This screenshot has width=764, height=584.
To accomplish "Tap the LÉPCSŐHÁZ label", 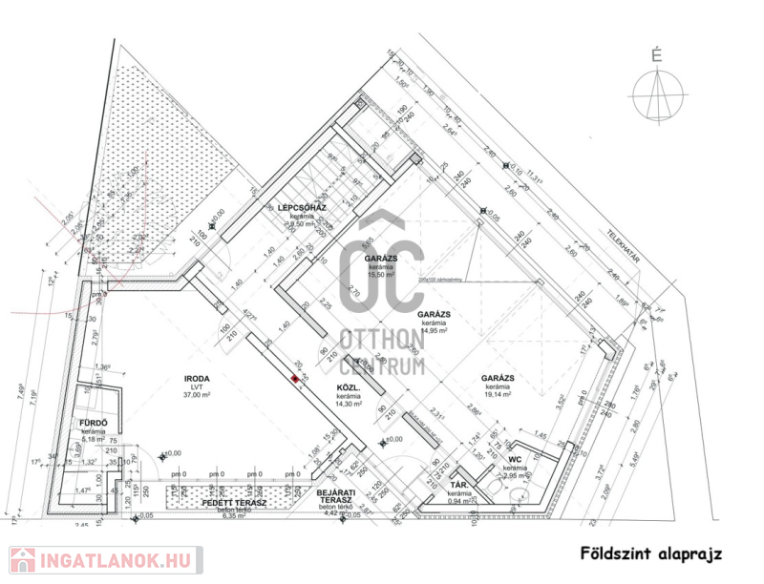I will pos(297,207).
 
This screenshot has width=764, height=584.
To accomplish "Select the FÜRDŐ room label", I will pos(93,423).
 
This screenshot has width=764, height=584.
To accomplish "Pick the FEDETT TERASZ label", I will pos(233,502).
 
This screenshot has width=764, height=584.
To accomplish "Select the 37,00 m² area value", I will pos(196,394).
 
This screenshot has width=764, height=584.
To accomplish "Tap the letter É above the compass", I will pos(656,55).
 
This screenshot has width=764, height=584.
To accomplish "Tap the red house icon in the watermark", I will pos(23,560).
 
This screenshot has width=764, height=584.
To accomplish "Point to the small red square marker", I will pos(294,378).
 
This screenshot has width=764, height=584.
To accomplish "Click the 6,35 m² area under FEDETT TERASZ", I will pos(234,516).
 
